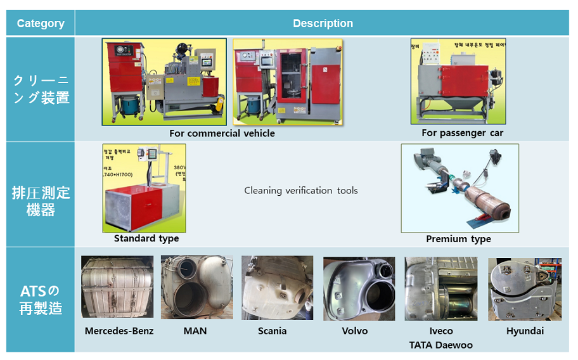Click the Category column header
point(41,23)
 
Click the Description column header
point(323,23)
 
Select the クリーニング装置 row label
point(41,89)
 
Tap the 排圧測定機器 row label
point(41,195)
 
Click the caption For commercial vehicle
point(222,133)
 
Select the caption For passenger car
point(462,133)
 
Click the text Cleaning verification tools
point(301,190)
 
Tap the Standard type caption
point(146,238)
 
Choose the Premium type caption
point(458,239)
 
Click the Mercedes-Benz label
point(119,331)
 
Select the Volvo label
point(354,331)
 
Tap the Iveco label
point(440,331)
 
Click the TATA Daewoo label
point(440,345)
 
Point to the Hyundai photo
point(524,289)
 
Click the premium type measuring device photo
point(459,188)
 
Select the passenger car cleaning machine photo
point(458,82)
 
